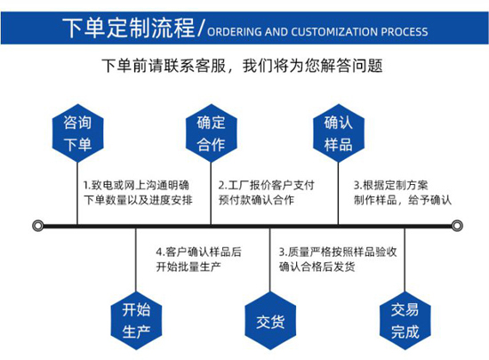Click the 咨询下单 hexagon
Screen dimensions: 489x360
coord(77,133)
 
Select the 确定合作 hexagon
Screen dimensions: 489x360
coord(211,133)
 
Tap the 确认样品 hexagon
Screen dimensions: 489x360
coord(339,133)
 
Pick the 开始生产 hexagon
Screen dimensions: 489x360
coord(136,320)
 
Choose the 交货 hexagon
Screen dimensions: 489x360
coord(270,320)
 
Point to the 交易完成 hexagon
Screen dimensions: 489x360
coord(405,320)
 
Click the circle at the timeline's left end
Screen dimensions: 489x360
coord(38,226)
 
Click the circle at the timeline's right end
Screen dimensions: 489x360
coord(457,226)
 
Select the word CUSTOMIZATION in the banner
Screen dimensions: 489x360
coord(334,32)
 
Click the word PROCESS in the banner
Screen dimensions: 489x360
coord(405,32)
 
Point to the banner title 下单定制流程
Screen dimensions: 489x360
coord(129,28)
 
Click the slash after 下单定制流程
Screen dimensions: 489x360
coord(202,28)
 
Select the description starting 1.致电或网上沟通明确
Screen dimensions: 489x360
coord(138,193)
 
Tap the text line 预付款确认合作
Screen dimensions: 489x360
coord(256,200)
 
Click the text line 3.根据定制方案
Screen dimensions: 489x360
coord(390,185)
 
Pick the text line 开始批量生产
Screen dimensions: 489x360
coord(188,267)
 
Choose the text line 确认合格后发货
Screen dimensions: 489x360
coord(317,267)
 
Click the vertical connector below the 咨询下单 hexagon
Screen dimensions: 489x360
coord(77,193)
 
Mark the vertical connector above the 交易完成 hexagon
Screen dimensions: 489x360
coord(405,260)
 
